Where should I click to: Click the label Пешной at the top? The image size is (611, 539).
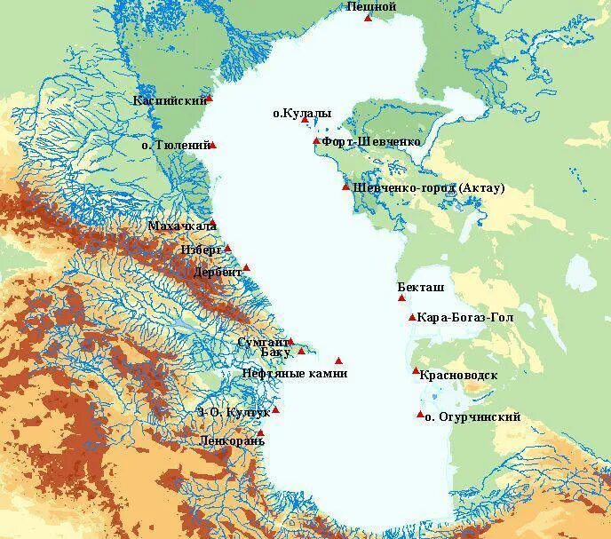pos(371,7)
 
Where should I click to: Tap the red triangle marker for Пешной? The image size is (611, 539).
pos(368,18)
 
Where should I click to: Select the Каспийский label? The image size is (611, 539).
pos(170,100)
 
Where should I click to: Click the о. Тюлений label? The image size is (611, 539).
pos(176,144)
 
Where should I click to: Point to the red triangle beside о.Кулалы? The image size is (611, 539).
pos(304,120)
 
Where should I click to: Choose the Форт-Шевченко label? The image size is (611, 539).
pos(371,142)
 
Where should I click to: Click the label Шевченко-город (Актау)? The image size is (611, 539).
pos(429,188)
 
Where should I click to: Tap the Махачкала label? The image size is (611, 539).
pos(182,226)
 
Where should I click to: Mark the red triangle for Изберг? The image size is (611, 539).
pos(227,249)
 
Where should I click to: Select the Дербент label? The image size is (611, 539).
pos(218,273)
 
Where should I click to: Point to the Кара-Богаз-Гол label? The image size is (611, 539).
pos(465,317)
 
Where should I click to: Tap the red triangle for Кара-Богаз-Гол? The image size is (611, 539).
pos(412,317)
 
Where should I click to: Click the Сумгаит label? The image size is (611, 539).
pos(263,342)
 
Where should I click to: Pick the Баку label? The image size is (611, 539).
pos(278,353)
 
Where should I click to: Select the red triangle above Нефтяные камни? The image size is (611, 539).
pos(338,361)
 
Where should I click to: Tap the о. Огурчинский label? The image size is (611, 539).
pos(472,417)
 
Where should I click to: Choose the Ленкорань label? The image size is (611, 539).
pos(233,440)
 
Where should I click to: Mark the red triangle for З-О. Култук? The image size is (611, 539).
pos(275,409)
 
